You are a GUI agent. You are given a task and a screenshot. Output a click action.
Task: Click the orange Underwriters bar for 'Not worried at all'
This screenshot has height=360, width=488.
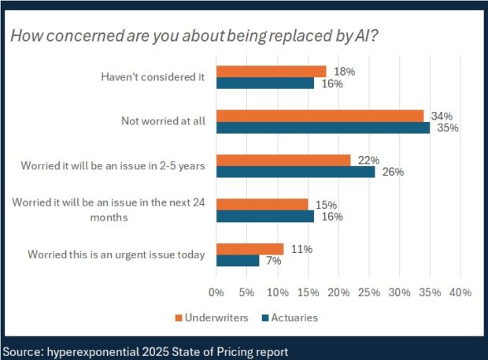click(320, 116)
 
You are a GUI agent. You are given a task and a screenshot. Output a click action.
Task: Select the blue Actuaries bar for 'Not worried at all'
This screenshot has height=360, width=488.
click(323, 128)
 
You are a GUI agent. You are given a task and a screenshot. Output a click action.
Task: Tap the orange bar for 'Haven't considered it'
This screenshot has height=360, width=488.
click(271, 72)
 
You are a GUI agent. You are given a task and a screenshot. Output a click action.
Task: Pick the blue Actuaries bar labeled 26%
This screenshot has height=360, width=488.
click(295, 172)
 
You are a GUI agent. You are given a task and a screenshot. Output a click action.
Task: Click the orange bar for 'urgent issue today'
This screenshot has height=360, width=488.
click(250, 249)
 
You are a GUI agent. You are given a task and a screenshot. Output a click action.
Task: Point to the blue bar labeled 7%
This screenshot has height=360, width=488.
click(237, 261)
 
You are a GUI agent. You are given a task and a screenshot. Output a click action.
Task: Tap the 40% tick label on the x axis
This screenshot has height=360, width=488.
click(460, 292)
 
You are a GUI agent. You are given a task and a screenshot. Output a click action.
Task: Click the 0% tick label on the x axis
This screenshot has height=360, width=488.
click(216, 292)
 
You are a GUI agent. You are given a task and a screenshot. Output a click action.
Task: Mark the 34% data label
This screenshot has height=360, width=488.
click(438, 115)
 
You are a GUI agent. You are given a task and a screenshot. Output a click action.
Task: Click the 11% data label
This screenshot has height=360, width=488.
click(301, 249)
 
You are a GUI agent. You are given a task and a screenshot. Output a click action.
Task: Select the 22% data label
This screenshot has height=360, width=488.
click(367, 160)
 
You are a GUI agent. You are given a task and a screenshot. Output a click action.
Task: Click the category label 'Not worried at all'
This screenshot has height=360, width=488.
click(164, 121)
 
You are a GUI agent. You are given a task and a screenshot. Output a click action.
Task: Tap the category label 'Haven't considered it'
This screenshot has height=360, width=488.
click(153, 77)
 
